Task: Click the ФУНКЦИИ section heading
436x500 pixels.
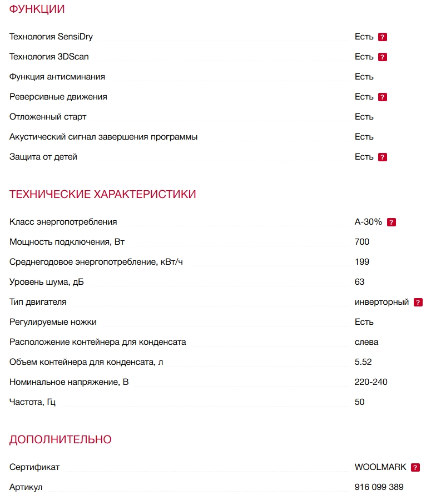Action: point(37,9)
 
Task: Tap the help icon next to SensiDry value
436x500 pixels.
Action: point(383,37)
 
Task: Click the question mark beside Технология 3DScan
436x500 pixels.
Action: point(383,57)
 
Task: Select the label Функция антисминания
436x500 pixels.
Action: point(57,77)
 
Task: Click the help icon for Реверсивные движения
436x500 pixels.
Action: point(383,97)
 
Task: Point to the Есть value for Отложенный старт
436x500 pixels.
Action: point(364,117)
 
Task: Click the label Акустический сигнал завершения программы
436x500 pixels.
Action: point(103,137)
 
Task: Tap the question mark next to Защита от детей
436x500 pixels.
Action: point(383,157)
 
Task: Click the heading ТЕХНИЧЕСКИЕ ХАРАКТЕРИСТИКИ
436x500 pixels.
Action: point(102,194)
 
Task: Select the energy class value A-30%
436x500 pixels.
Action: point(368,222)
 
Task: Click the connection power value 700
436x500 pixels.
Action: point(361,242)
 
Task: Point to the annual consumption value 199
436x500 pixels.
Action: point(361,262)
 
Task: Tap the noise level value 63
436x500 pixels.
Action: point(359,282)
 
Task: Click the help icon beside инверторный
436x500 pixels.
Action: point(418,303)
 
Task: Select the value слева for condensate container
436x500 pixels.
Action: point(366,342)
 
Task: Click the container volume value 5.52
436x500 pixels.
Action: point(363,362)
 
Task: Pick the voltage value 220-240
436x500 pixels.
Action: point(371,382)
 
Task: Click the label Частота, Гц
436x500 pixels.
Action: point(32,402)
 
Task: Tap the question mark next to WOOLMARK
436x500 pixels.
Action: point(415,468)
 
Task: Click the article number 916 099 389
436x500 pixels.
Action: point(379,487)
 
